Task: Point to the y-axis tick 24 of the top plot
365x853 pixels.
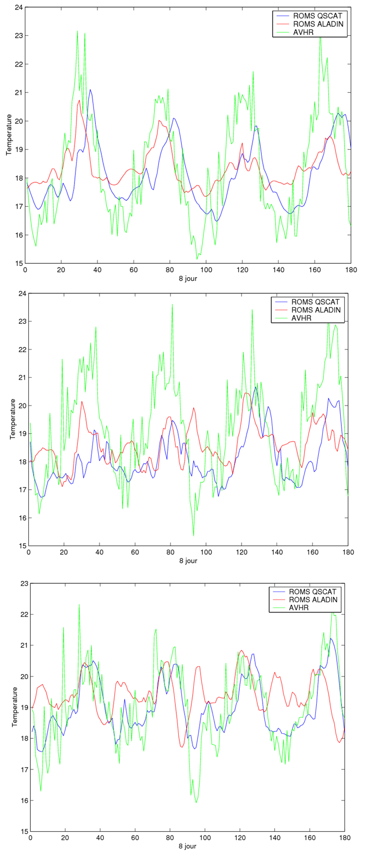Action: pos(19,7)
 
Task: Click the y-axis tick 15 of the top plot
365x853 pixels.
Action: pos(19,263)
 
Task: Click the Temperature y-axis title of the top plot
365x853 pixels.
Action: pos(8,135)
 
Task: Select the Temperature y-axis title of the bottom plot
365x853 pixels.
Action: pos(15,707)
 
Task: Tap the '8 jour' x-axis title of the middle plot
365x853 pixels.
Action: pos(188,561)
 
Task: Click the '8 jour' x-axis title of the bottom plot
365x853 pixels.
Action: pos(188,846)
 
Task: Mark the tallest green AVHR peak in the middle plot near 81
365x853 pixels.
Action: pos(172,305)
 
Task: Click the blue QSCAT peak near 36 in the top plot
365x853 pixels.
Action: pos(90,90)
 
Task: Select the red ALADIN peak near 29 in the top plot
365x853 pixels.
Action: pos(79,100)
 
